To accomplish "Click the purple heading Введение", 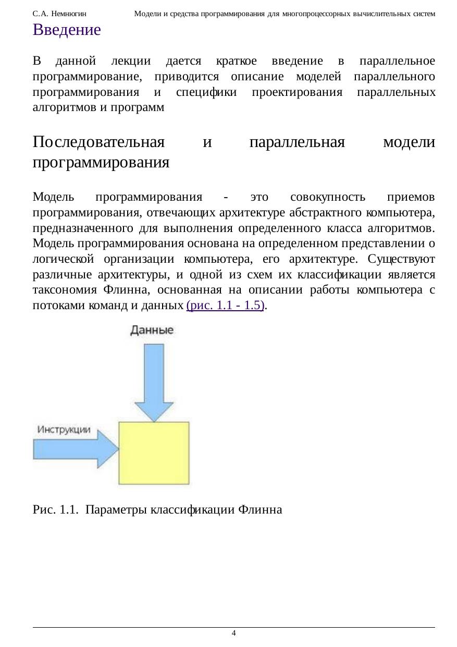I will [x=66, y=30].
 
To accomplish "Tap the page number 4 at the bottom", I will [x=234, y=633].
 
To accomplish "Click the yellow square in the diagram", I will [x=154, y=453].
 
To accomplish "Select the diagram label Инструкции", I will [x=64, y=430].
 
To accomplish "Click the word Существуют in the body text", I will [x=401, y=259].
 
